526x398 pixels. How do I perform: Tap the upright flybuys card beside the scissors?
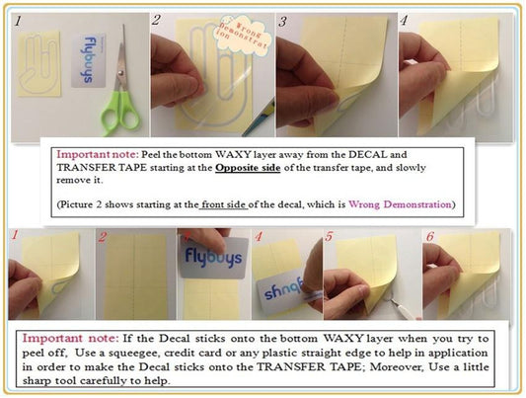[x=89, y=61]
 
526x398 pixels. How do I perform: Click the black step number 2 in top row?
[x=156, y=20]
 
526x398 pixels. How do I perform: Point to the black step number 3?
[x=282, y=22]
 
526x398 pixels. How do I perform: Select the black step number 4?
[x=404, y=21]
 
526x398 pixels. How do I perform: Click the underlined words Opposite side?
[x=248, y=167]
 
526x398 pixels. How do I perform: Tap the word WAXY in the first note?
[x=233, y=154]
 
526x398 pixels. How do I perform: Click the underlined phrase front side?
[x=223, y=204]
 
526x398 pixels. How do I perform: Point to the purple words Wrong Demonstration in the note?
[x=400, y=204]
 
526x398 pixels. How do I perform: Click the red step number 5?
[x=329, y=237]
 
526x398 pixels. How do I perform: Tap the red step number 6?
[x=429, y=237]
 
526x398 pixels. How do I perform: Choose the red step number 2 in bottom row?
[x=103, y=237]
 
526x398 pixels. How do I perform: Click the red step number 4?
[x=258, y=237]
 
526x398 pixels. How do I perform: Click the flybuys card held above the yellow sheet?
[x=214, y=258]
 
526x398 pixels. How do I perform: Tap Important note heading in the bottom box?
[x=70, y=339]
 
